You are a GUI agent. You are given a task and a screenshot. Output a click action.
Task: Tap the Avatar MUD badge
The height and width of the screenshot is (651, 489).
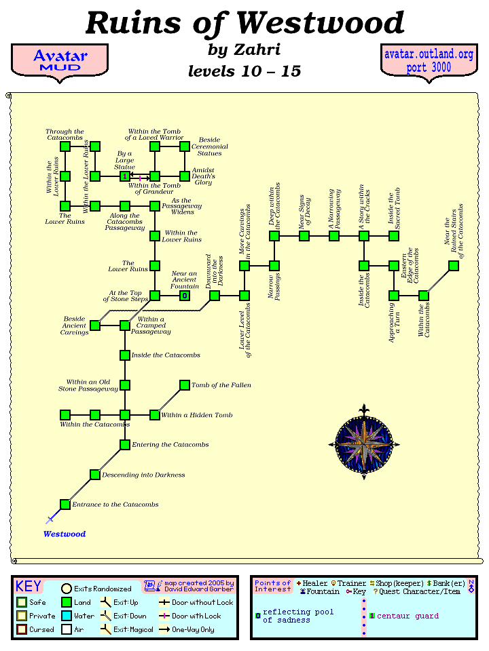(x=60, y=61)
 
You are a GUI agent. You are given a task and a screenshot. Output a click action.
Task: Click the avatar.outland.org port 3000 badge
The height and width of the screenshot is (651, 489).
(x=429, y=61)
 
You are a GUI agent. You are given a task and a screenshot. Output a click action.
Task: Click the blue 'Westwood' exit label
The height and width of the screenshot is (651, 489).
(x=65, y=534)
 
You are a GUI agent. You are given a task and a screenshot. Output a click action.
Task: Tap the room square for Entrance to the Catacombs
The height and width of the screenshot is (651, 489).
(x=65, y=504)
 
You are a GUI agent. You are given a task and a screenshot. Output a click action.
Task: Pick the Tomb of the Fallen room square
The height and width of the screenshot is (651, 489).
(x=184, y=385)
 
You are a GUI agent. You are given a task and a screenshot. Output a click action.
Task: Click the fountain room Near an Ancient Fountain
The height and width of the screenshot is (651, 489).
(x=184, y=295)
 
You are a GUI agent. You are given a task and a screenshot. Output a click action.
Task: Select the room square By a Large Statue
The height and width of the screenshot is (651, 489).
(x=125, y=176)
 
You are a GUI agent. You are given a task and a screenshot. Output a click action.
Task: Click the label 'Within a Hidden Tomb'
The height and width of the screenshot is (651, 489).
(x=197, y=415)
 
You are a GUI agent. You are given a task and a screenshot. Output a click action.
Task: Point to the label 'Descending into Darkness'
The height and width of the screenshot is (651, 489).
(x=143, y=475)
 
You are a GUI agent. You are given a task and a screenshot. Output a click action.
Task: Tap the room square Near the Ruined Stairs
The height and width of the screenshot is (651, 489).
(x=453, y=266)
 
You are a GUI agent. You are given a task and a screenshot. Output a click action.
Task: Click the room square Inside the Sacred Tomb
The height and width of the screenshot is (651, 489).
(x=393, y=236)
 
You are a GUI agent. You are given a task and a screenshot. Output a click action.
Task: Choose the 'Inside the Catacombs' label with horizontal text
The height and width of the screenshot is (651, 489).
(x=166, y=355)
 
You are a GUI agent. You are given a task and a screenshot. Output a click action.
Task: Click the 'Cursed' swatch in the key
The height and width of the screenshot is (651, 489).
(x=22, y=629)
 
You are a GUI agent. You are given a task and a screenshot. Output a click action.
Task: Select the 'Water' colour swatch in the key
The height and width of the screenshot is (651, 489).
(x=67, y=616)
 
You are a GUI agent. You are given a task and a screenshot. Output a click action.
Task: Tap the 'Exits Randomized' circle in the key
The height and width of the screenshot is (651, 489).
(x=67, y=589)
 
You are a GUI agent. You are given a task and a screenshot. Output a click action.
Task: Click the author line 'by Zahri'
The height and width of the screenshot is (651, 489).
(x=244, y=50)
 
